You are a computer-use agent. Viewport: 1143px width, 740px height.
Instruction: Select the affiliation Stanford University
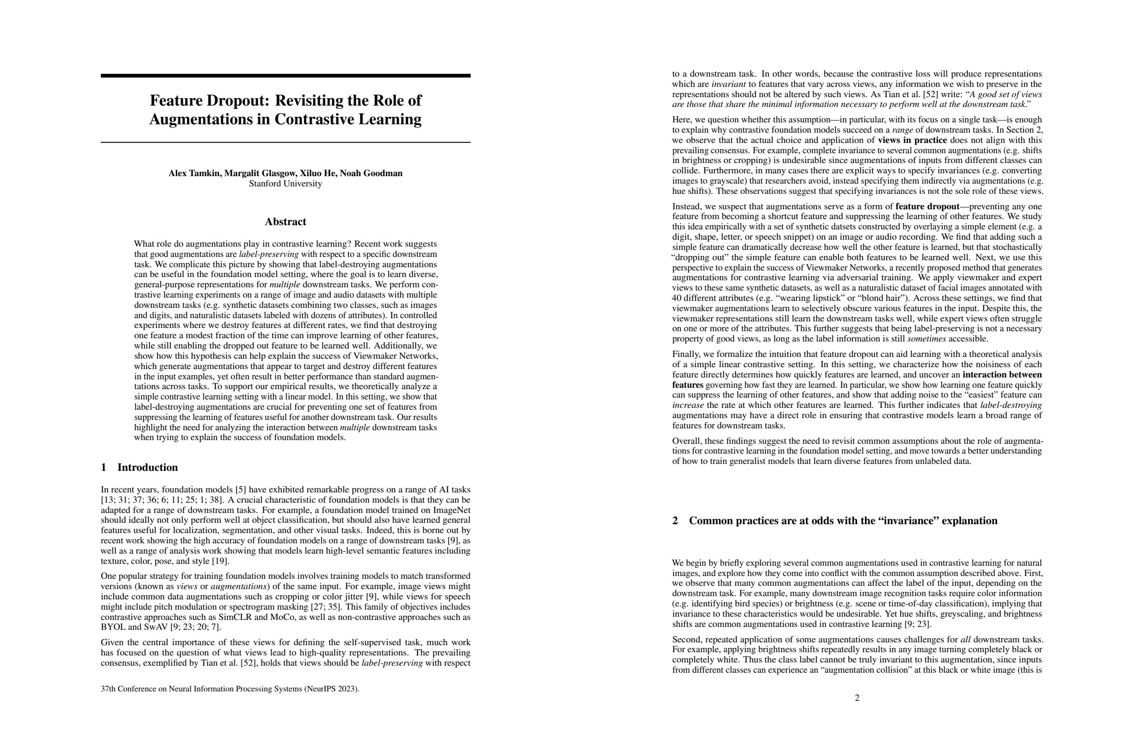pyautogui.click(x=285, y=184)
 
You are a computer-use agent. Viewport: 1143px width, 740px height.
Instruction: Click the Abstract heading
pyautogui.click(x=285, y=221)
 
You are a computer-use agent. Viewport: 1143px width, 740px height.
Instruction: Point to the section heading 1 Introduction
pyautogui.click(x=139, y=468)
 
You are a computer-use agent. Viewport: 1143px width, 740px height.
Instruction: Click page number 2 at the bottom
pyautogui.click(x=857, y=697)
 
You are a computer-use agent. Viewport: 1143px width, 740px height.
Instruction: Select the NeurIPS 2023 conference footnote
pyautogui.click(x=230, y=689)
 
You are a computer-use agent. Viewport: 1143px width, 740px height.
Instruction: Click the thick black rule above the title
pyautogui.click(x=285, y=75)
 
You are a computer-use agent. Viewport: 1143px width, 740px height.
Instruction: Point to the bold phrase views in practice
pyautogui.click(x=912, y=140)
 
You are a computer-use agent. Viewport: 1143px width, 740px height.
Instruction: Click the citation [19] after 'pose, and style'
pyautogui.click(x=220, y=561)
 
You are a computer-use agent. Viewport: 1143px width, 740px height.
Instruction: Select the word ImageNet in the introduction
pyautogui.click(x=452, y=510)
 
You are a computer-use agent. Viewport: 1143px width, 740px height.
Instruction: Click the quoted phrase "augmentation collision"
pyautogui.click(x=862, y=669)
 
